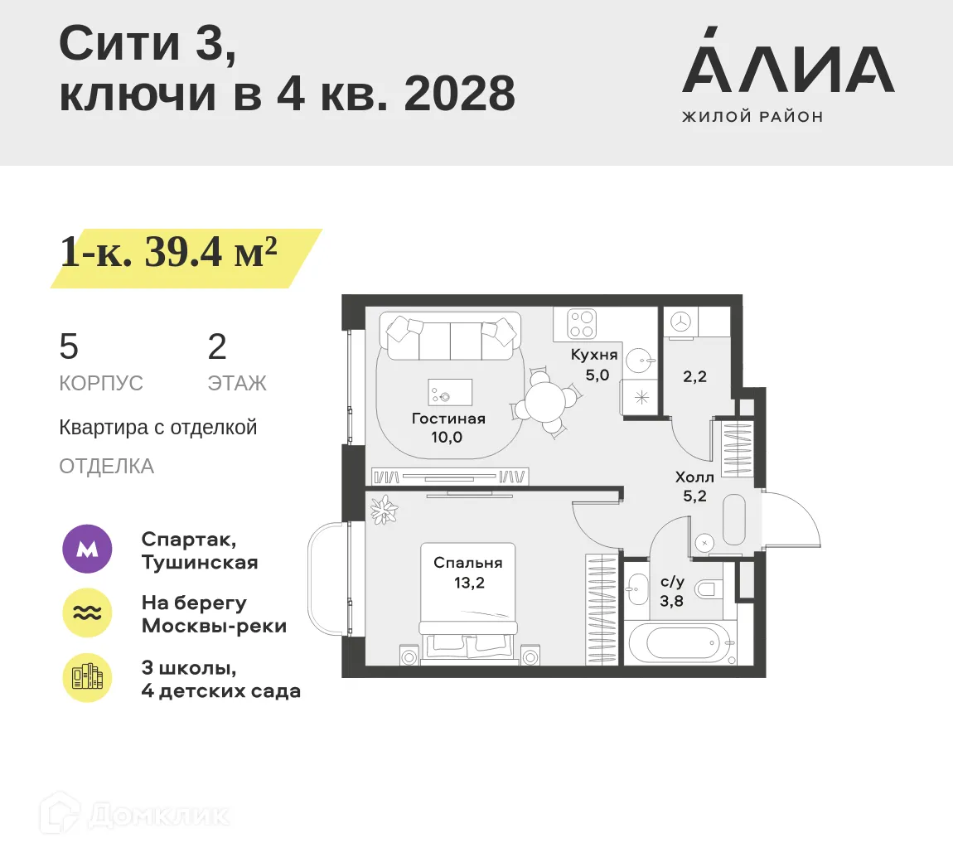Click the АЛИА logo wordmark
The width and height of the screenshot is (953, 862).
(x=787, y=70)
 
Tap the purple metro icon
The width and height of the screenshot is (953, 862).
(x=88, y=549)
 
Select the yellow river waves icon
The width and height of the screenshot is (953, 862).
(x=88, y=613)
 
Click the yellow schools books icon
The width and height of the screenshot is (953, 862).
(x=88, y=678)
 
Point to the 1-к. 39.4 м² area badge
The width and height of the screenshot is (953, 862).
(x=170, y=253)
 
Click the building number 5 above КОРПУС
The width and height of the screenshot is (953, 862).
(x=69, y=346)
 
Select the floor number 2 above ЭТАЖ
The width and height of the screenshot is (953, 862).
(x=217, y=346)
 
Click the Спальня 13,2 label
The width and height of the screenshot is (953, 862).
(x=468, y=573)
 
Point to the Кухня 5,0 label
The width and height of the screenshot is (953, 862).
(x=595, y=365)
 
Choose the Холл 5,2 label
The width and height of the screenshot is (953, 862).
(x=694, y=487)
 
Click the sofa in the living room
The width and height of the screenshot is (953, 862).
(x=450, y=337)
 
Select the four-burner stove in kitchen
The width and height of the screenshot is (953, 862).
(x=582, y=324)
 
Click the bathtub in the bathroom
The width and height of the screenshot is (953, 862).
(x=680, y=642)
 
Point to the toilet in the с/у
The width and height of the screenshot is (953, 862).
(x=707, y=589)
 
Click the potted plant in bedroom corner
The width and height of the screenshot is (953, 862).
(x=384, y=509)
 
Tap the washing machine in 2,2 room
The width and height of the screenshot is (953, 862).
(x=680, y=322)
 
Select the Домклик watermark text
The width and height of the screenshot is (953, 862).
(x=157, y=815)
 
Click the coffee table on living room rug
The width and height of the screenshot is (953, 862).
(x=450, y=392)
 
